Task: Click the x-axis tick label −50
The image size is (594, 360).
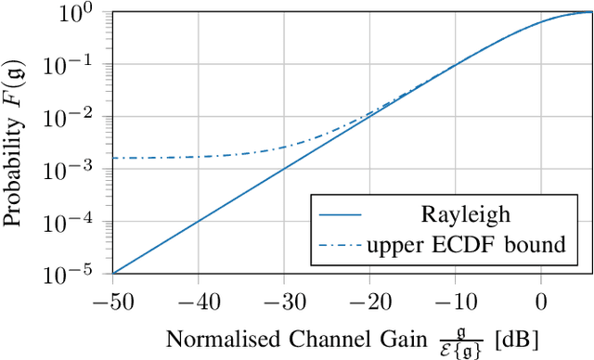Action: coord(111,300)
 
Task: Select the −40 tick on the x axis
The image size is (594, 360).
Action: coord(197,300)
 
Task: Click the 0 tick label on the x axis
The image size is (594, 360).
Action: coord(541,300)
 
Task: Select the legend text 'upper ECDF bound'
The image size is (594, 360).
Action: coord(466,245)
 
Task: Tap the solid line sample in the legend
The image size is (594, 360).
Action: coord(340,214)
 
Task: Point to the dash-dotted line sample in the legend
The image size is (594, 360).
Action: coord(340,245)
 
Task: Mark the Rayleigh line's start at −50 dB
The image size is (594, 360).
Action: coord(112,273)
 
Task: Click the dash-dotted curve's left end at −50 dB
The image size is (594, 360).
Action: coord(112,158)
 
